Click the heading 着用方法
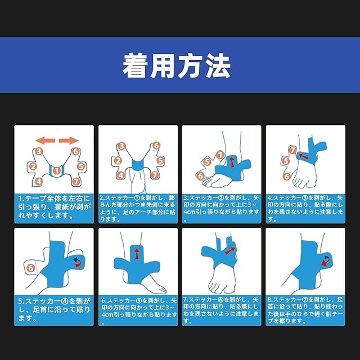[176, 66]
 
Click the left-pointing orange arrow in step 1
[45, 141]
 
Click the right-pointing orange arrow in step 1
[69, 141]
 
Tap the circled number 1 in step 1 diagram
[56, 170]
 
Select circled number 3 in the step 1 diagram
[39, 151]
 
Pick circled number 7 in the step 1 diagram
[76, 182]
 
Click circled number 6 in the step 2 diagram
[156, 146]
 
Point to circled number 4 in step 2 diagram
[121, 175]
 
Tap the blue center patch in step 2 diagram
[138, 165]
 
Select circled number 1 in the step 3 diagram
[220, 155]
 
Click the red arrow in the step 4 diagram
[303, 156]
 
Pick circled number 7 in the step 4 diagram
[292, 150]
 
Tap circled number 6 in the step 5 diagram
[31, 268]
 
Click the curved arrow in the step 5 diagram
[77, 262]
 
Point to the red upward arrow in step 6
[137, 254]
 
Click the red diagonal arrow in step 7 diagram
[230, 250]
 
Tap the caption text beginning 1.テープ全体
[54, 207]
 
